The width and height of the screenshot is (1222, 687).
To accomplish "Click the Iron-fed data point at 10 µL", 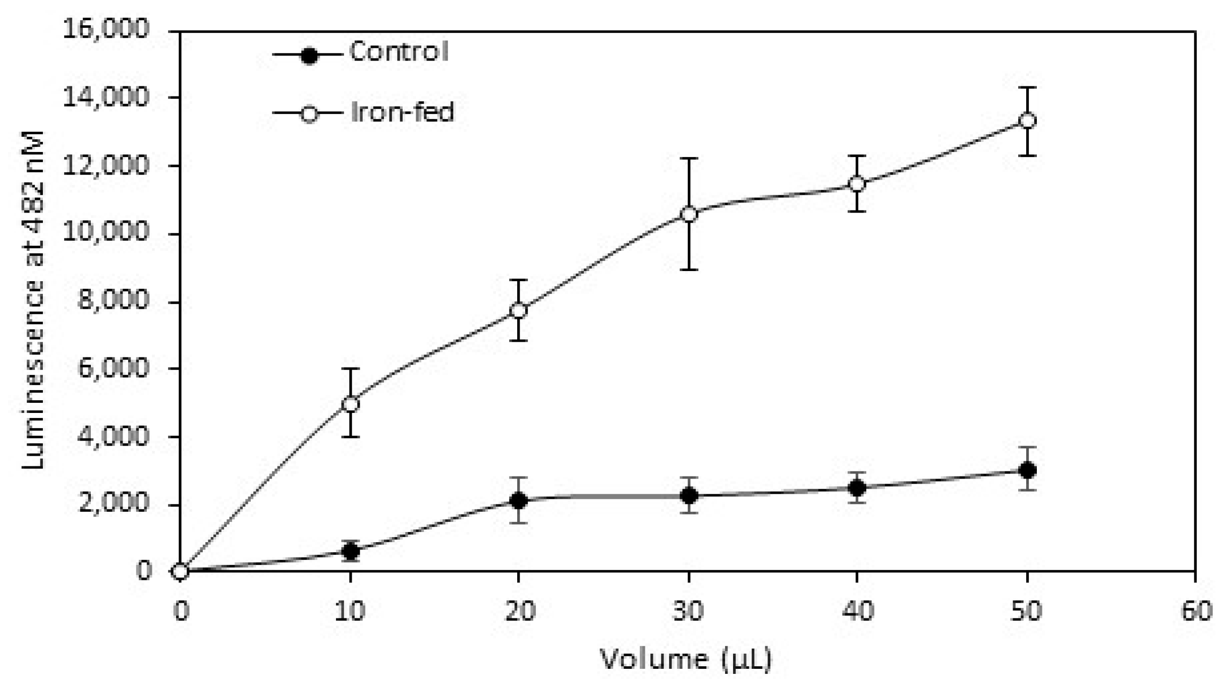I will pos(350,404).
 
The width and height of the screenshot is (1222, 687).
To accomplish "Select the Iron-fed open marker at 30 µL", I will pos(689,215).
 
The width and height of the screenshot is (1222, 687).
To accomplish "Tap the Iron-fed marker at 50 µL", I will pos(1027,121).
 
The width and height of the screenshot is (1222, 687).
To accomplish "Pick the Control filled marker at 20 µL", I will pos(518,500).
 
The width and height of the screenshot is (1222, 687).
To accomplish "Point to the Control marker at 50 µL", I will pos(1027,470).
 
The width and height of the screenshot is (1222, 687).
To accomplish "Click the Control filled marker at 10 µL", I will pos(350,551).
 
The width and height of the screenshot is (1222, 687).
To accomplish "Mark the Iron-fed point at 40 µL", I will pos(857,184).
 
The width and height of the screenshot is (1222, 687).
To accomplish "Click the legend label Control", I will pos(399,51).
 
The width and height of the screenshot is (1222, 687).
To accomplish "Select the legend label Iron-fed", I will pos(402,112).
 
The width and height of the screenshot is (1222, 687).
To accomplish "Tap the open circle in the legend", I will pos(309,114).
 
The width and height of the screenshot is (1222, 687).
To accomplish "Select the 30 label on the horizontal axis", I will pos(689,611).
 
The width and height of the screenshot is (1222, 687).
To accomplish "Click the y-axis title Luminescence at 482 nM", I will pos(33,300).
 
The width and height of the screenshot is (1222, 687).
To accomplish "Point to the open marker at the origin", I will pos(181,571).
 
